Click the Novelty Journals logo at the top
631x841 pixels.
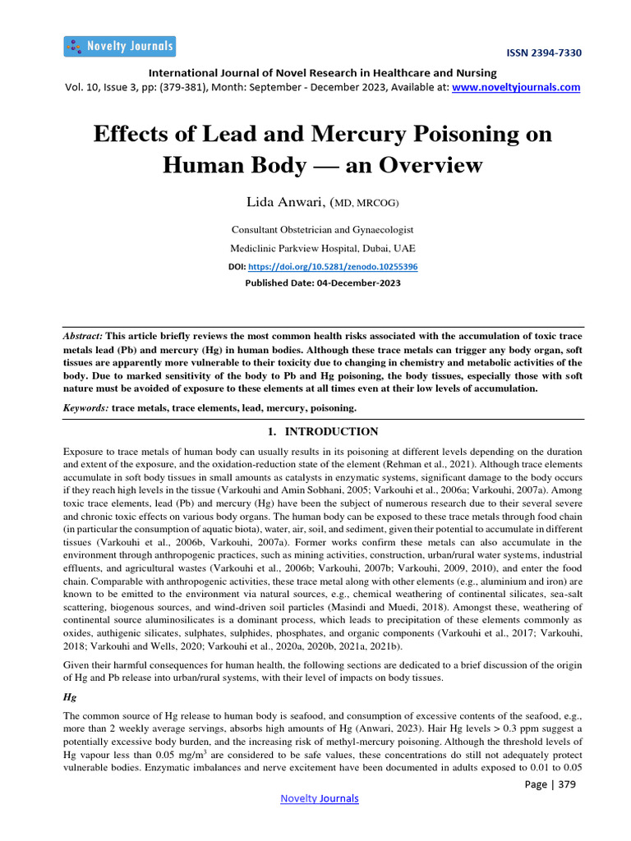(x=119, y=46)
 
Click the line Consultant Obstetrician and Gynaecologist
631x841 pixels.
(x=322, y=230)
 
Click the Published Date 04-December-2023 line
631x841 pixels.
(x=322, y=283)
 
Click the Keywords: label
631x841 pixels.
(x=85, y=407)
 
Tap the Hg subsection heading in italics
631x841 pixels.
(x=70, y=696)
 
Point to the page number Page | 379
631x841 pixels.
(x=550, y=784)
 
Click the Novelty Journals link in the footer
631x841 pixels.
(x=320, y=798)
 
